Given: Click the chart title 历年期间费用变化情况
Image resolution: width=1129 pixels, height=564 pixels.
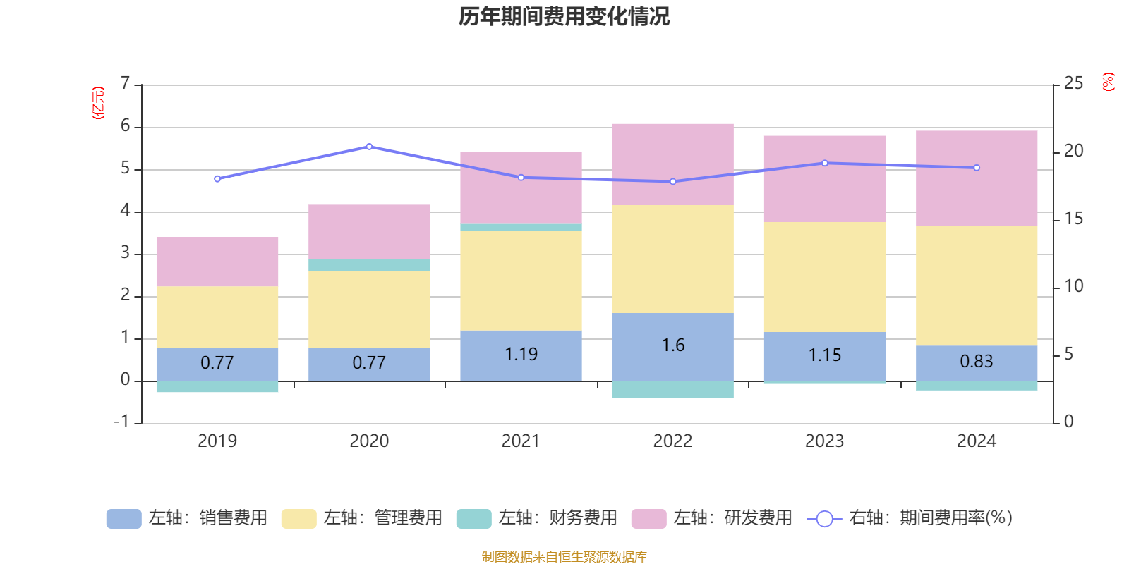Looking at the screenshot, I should [x=564, y=16].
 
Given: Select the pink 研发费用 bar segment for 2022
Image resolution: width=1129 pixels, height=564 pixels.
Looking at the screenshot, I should [x=672, y=164].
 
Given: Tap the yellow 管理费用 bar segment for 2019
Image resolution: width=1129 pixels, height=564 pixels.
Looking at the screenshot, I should [x=217, y=317].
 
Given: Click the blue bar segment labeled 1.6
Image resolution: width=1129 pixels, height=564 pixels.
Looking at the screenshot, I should [x=672, y=345].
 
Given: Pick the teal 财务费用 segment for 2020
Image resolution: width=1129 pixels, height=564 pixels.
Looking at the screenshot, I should [x=369, y=265].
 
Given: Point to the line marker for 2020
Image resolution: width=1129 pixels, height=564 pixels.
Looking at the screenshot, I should [x=369, y=147].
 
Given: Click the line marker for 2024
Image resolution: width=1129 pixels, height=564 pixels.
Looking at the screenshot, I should [x=977, y=168].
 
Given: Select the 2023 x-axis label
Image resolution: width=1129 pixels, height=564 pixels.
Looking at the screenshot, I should [x=824, y=441].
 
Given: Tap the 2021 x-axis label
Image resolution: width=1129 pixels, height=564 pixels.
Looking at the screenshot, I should [x=521, y=441].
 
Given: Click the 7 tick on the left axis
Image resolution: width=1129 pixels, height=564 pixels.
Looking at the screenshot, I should [x=125, y=84].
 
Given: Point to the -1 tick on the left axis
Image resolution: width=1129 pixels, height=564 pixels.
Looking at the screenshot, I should [x=122, y=422].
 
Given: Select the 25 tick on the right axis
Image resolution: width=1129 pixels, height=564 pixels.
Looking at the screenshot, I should [x=1073, y=84].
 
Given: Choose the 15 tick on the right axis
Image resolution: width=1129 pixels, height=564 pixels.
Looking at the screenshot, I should [x=1073, y=219].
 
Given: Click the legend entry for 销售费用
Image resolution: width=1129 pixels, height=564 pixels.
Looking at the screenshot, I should [x=187, y=518].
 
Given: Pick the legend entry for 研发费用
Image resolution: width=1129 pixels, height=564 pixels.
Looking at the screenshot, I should [x=712, y=518].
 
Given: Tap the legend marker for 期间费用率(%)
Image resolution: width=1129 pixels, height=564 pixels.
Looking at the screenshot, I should [x=824, y=519].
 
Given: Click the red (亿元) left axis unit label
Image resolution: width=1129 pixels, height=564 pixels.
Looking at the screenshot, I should [x=98, y=103].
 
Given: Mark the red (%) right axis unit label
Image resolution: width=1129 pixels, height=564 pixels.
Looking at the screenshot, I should [x=1109, y=82].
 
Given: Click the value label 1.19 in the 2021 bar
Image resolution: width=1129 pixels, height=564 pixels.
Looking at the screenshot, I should [x=521, y=354].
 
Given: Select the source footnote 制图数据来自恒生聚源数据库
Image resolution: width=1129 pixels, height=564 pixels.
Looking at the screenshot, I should [x=564, y=557].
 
